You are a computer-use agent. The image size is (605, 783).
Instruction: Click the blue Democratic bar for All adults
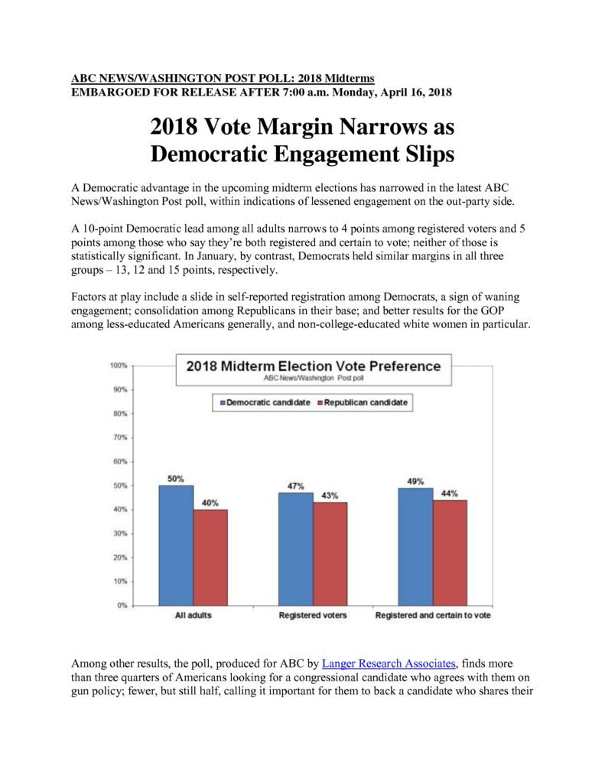click(x=176, y=545)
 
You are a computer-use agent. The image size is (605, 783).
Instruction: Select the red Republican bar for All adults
click(x=210, y=557)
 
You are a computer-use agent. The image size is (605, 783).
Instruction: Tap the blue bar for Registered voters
click(x=296, y=549)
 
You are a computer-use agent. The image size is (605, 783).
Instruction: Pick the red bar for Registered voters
click(x=330, y=554)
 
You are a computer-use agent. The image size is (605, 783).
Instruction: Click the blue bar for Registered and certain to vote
click(x=415, y=547)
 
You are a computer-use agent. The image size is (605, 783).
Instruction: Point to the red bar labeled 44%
click(x=450, y=553)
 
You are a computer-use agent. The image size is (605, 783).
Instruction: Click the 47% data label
click(x=296, y=486)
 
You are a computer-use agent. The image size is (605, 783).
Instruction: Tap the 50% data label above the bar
click(x=175, y=479)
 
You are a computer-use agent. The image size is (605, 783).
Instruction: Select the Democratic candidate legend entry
click(x=265, y=402)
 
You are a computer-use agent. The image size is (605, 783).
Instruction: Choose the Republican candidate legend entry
click(x=363, y=402)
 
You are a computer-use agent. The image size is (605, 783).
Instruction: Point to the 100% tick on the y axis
click(x=119, y=366)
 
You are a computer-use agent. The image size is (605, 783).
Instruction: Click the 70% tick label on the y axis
click(x=120, y=437)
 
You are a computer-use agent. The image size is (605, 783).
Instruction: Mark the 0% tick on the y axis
click(x=122, y=606)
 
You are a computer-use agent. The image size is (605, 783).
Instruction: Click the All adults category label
click(x=194, y=616)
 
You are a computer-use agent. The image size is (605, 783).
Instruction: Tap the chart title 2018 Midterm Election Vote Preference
click(x=314, y=366)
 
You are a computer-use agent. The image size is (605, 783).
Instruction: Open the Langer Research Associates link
click(x=389, y=664)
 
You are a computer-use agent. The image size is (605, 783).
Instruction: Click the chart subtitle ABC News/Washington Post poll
click(x=314, y=378)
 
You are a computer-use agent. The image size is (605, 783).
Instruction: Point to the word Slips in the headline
click(x=430, y=154)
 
